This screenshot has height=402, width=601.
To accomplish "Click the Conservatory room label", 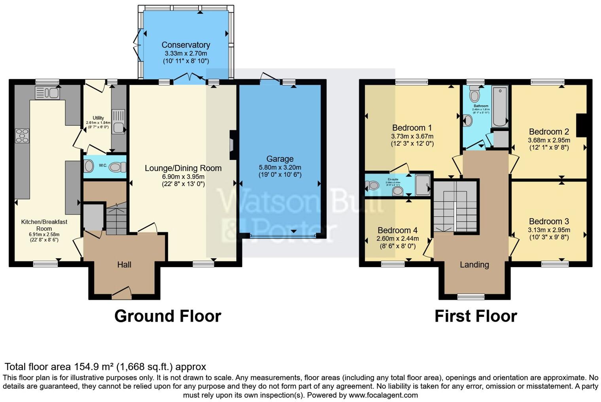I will click(185, 45).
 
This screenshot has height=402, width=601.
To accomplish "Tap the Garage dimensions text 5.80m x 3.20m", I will click(280, 167).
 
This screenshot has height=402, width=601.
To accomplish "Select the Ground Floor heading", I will click(168, 316).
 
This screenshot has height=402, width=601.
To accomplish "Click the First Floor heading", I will click(476, 316).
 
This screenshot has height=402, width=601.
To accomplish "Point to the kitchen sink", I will click(47, 93).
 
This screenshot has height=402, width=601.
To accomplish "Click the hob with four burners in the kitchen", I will click(22, 135).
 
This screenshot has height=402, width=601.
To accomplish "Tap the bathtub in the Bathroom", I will click(500, 107).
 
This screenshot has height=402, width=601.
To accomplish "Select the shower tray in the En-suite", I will click(423, 185).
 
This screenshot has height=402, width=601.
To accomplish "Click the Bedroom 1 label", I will click(412, 128).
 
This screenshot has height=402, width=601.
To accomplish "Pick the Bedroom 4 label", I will click(397, 230).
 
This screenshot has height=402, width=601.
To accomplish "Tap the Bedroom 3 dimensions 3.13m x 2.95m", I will click(549, 230).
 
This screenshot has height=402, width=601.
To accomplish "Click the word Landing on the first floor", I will click(474, 265).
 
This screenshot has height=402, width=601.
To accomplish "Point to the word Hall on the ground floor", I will click(124, 265).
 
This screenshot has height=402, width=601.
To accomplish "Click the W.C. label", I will click(103, 165).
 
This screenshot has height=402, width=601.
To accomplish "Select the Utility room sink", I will click(118, 122).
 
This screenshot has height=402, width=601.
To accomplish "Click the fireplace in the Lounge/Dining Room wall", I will click(232, 141).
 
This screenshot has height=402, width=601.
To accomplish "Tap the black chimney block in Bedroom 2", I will click(581, 125).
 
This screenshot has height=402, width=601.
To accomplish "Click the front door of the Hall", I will click(121, 292).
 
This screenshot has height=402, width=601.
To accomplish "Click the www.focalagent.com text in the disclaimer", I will click(383, 395).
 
